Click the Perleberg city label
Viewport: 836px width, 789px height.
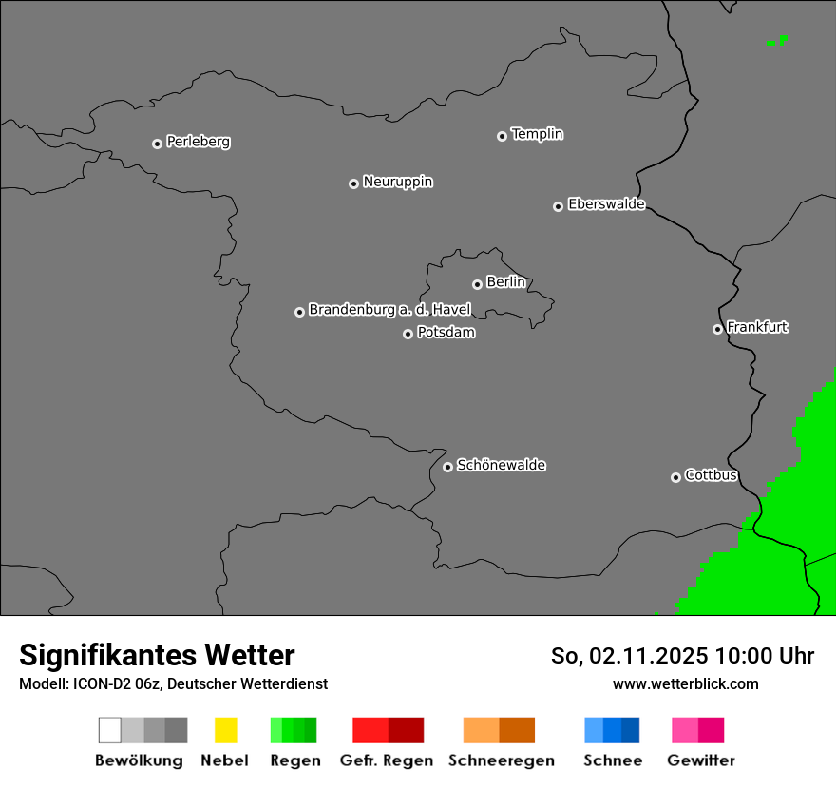click(x=198, y=142)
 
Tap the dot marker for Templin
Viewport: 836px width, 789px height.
click(x=502, y=136)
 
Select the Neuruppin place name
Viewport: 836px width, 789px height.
click(x=397, y=182)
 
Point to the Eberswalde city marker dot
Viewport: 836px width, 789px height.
click(x=558, y=206)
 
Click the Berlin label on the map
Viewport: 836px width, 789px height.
click(x=505, y=282)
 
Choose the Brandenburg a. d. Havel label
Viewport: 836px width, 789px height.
click(x=389, y=310)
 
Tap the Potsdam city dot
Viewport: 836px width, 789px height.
click(x=408, y=334)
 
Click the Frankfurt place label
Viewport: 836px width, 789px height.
click(x=757, y=327)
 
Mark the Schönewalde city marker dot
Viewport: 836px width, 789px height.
click(x=447, y=467)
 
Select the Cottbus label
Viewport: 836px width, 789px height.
click(x=711, y=475)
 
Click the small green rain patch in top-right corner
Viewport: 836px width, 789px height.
click(x=778, y=41)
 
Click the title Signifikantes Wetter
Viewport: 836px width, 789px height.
click(x=157, y=655)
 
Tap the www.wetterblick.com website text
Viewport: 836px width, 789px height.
click(x=685, y=683)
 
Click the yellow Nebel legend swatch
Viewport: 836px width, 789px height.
click(x=225, y=730)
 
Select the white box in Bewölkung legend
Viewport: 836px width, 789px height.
click(x=109, y=730)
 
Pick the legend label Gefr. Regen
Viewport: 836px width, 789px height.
click(x=386, y=760)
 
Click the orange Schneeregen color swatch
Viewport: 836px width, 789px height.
click(x=481, y=730)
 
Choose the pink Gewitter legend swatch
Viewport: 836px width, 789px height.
click(x=685, y=730)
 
